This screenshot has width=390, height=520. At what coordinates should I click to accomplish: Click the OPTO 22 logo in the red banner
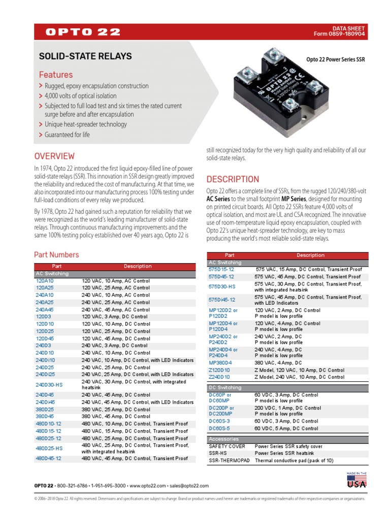point(83,32)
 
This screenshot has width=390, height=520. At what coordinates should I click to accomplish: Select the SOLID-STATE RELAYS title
point(85,56)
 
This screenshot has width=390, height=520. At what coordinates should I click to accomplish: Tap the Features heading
point(56,75)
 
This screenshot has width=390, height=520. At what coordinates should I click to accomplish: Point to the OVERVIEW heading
point(54,156)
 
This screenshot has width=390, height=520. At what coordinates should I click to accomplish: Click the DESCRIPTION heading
point(233,179)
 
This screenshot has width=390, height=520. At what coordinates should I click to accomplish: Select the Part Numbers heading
point(56,254)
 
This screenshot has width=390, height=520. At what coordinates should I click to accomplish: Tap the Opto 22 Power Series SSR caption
point(335,59)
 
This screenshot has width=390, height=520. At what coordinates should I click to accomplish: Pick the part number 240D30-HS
point(49,384)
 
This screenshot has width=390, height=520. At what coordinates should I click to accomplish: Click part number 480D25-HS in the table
point(49,448)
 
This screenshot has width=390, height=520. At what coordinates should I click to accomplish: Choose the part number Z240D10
point(219,377)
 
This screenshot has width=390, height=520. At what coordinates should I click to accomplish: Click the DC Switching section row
point(225,387)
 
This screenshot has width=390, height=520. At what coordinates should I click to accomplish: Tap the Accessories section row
point(224,439)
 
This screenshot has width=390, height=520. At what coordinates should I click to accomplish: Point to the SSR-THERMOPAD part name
point(228,461)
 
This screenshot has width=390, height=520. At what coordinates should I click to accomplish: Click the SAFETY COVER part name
point(227,446)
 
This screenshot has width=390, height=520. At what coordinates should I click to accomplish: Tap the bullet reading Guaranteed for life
point(67,135)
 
